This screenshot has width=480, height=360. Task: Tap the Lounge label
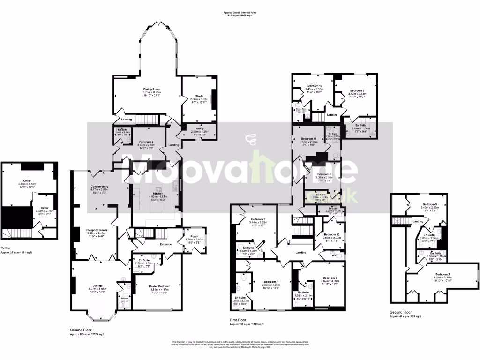(x=97, y=285)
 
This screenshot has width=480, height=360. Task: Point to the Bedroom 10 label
(x=314, y=86)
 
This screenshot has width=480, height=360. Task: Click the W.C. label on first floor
(x=334, y=255)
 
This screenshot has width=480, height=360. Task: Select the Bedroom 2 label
(x=442, y=274)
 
